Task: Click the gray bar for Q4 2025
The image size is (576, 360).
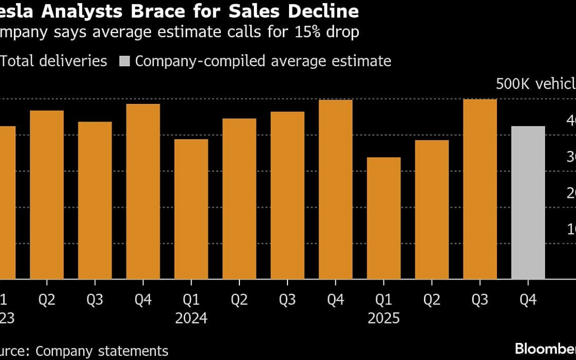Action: click(528, 203)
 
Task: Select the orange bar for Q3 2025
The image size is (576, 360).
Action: click(480, 189)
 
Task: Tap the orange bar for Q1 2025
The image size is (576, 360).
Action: click(383, 218)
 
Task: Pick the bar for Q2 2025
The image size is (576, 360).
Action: click(431, 209)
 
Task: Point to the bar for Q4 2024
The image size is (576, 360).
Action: click(335, 189)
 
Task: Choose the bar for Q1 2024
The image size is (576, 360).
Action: click(191, 209)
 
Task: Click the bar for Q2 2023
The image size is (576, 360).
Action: click(46, 195)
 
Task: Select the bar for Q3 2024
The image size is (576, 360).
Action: click(287, 195)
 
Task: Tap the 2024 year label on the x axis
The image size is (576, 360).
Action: click(191, 318)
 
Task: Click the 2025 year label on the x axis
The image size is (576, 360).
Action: click(383, 318)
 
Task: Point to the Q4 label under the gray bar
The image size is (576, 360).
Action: click(528, 300)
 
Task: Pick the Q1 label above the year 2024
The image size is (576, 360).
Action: click(191, 300)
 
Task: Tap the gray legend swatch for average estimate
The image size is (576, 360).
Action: click(124, 61)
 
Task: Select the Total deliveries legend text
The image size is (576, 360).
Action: click(53, 61)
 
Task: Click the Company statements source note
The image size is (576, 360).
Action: click(101, 351)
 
